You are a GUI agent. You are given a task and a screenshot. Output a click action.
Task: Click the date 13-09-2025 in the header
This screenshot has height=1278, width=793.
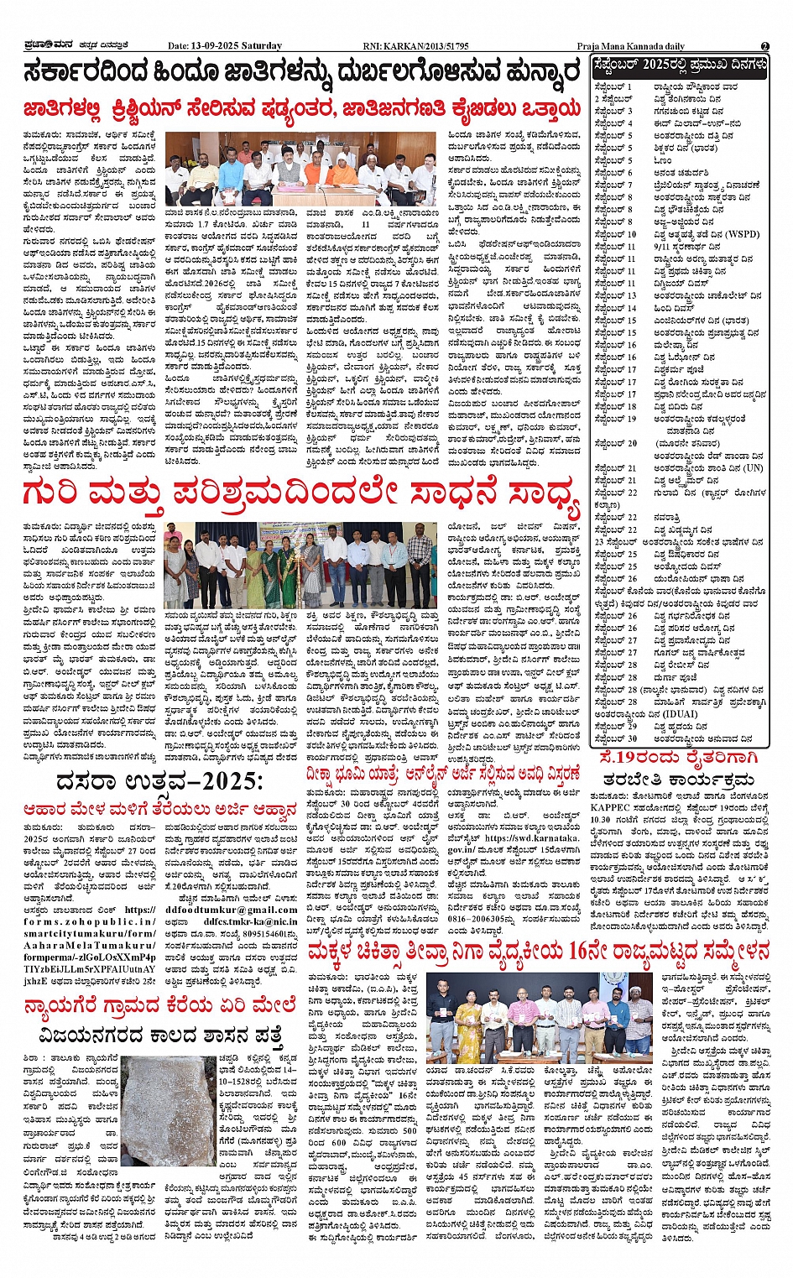click(225, 46)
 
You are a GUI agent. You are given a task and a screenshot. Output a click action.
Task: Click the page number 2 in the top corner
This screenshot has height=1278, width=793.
click(764, 45)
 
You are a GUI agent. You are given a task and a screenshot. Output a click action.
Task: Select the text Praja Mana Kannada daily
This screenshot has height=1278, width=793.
click(630, 46)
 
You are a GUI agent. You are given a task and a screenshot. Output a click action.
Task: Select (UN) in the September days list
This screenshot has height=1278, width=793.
click(753, 468)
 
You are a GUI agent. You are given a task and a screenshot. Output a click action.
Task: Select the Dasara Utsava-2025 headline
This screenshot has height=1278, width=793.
click(159, 781)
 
